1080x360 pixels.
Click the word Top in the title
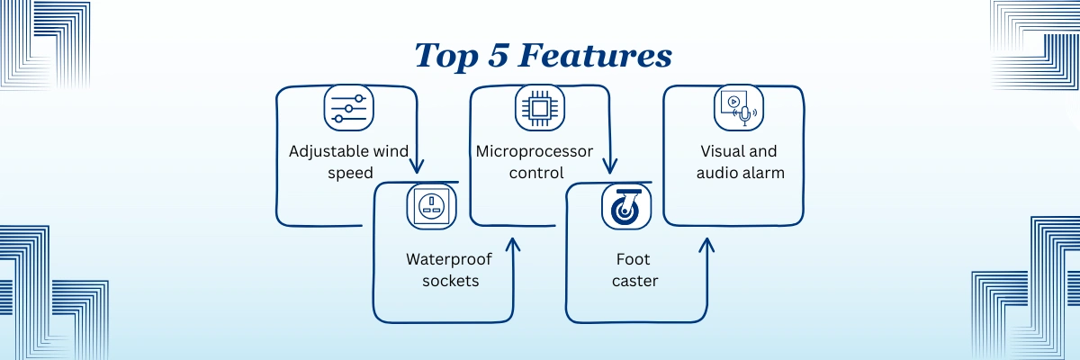(x=446, y=57)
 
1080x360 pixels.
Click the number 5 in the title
(x=498, y=55)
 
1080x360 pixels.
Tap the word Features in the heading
(x=595, y=55)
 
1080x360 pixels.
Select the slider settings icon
(x=348, y=108)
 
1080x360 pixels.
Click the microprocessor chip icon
(x=539, y=108)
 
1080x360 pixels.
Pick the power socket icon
(x=431, y=206)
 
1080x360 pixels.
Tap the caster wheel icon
(x=626, y=206)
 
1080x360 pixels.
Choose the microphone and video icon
(x=739, y=108)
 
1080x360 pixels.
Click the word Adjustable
(x=329, y=152)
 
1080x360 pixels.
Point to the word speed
(x=350, y=173)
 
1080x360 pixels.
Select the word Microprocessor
(x=535, y=152)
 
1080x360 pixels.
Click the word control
(x=536, y=173)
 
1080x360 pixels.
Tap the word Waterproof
(x=449, y=260)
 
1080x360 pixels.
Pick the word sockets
(x=451, y=281)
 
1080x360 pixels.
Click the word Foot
(x=633, y=259)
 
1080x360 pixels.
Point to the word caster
(x=635, y=282)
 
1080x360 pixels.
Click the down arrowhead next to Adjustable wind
(x=417, y=166)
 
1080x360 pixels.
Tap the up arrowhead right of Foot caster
(x=706, y=245)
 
